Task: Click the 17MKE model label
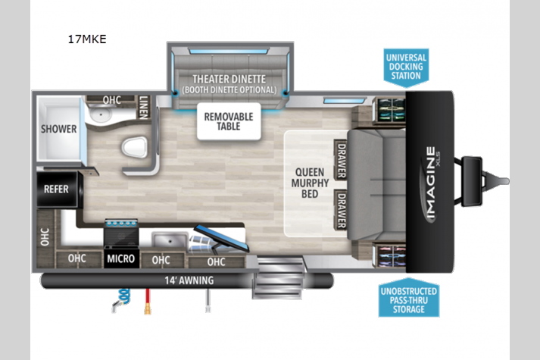point(87,39)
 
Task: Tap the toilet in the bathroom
point(135,147)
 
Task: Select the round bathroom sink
point(101,114)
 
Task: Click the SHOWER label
point(59,129)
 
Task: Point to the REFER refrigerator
point(57,189)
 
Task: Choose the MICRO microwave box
point(121,258)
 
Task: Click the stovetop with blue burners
point(121,232)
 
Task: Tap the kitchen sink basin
point(170,239)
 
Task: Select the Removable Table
point(229,121)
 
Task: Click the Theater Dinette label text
point(229,80)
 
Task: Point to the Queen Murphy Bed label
point(310,183)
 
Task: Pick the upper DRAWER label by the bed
point(342,160)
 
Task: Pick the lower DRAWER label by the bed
point(342,210)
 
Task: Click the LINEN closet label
point(144,107)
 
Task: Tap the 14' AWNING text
point(189,280)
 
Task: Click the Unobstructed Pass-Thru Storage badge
point(409,298)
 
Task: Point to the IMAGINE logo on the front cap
point(431,183)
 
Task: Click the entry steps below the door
point(279,277)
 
